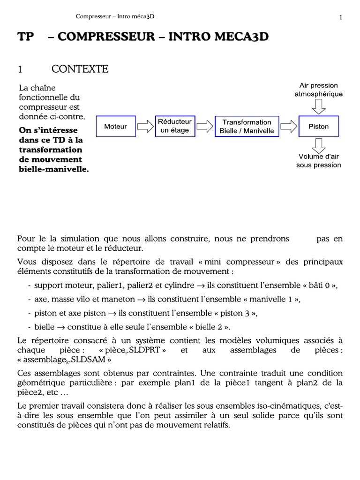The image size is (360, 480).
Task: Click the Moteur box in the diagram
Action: (x=116, y=127)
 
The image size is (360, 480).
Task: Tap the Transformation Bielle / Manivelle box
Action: (x=247, y=127)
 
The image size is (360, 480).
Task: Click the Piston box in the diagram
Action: (x=319, y=127)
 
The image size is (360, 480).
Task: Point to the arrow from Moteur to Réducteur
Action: (x=146, y=127)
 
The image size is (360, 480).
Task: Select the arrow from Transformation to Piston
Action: (x=289, y=127)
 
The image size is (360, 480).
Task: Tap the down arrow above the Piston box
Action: (x=319, y=107)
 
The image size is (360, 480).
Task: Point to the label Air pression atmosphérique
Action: (x=319, y=90)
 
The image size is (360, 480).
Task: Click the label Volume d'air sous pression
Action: (x=319, y=161)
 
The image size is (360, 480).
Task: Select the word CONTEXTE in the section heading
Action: (x=80, y=69)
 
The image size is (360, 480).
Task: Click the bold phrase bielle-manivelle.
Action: (x=54, y=169)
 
